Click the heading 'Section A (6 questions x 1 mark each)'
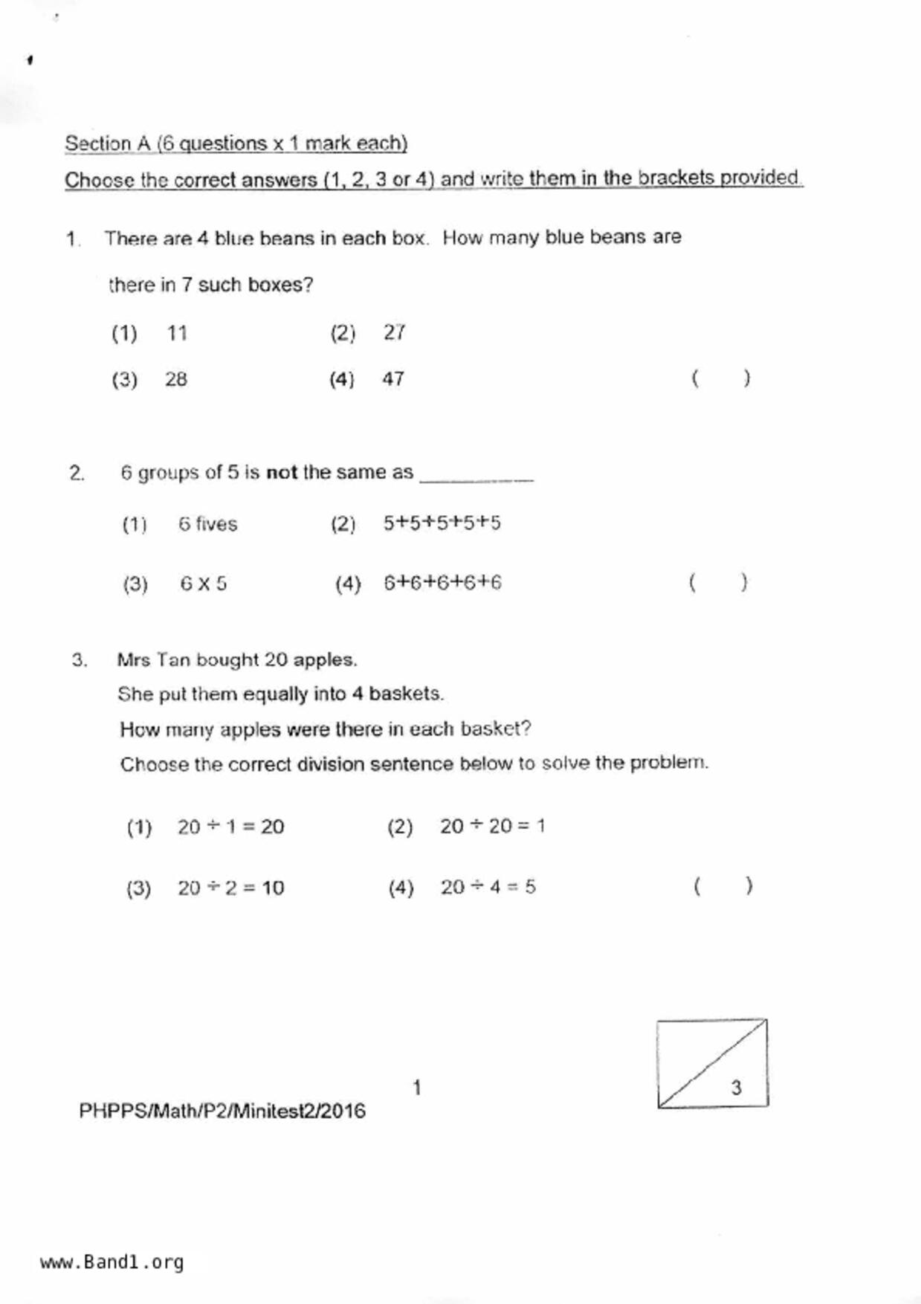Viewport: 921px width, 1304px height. pyautogui.click(x=236, y=143)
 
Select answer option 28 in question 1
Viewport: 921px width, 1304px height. pyautogui.click(x=176, y=379)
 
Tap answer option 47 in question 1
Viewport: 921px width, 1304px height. pyautogui.click(x=393, y=379)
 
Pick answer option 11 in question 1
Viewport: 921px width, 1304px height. pyautogui.click(x=177, y=333)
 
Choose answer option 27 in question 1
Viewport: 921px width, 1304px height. pyautogui.click(x=394, y=332)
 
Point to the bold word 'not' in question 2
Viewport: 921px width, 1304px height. pyautogui.click(x=281, y=472)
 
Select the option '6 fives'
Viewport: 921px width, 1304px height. pyautogui.click(x=207, y=524)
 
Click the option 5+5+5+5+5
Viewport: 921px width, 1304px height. pyautogui.click(x=442, y=523)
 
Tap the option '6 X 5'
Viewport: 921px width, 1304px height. pyautogui.click(x=203, y=584)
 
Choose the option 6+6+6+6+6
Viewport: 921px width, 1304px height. pyautogui.click(x=442, y=583)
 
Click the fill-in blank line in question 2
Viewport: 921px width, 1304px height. pyautogui.click(x=476, y=480)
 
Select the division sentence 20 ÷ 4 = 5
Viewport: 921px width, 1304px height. pyautogui.click(x=488, y=887)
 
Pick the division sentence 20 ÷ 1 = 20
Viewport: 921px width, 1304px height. pyautogui.click(x=230, y=827)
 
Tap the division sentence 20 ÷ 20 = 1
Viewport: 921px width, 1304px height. pyautogui.click(x=492, y=826)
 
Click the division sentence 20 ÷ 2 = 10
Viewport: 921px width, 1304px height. pyautogui.click(x=230, y=888)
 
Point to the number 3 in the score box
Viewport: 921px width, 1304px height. pyautogui.click(x=736, y=1088)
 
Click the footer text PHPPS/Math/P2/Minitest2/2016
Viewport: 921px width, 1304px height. pyautogui.click(x=222, y=1111)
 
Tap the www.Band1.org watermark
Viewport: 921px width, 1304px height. pyautogui.click(x=112, y=1262)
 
